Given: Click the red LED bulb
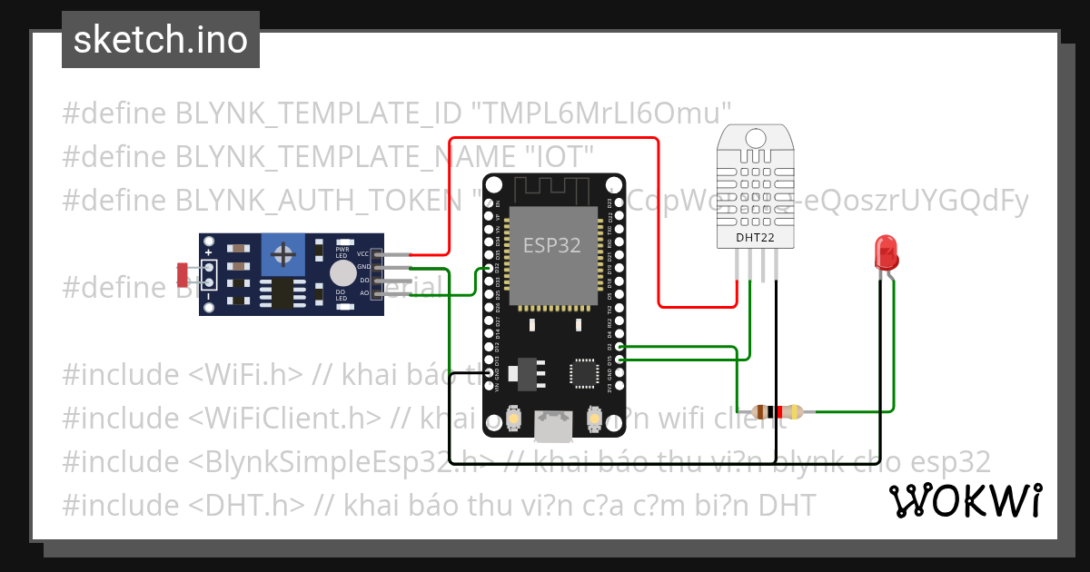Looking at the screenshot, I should pos(885,251).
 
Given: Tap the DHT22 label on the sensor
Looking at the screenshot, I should pos(756,239).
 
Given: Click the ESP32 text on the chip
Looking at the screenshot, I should pos(551,245).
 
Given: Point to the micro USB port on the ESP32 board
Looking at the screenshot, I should pos(553,426).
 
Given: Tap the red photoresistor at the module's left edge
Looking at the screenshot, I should pos(183,271).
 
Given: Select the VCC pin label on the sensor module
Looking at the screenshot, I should pos(363,253).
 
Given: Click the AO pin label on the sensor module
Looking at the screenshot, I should pos(364,293).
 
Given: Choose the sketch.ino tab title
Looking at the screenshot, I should pos(161,40).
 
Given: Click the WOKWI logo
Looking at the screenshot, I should pos(966,500).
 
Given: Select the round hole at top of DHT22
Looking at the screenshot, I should pos(756,137).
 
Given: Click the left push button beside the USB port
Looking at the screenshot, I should pos(513,418).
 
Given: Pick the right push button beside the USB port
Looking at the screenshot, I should pos(594,418).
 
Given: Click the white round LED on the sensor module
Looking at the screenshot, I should pos(342,273).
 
